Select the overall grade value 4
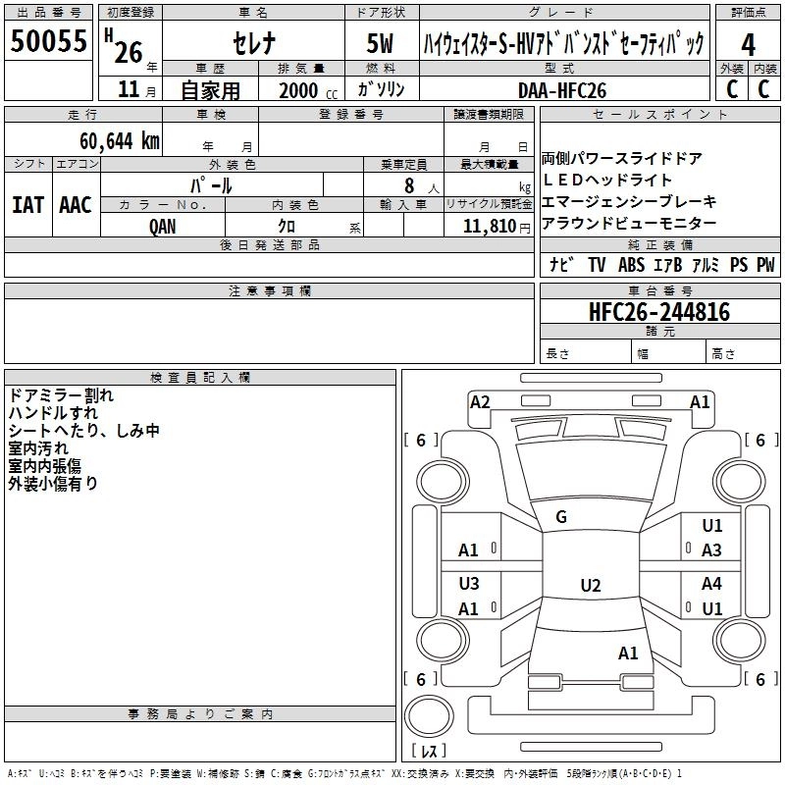click(749, 44)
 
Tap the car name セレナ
click(254, 43)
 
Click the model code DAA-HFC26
click(562, 89)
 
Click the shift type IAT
click(27, 204)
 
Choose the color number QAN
click(163, 226)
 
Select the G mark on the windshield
click(561, 517)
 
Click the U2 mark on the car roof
click(590, 586)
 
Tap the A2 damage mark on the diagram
click(480, 401)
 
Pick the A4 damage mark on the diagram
click(711, 584)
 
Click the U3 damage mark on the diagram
click(469, 584)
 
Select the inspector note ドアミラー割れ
click(61, 395)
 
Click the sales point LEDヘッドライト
click(607, 181)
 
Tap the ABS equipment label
click(631, 265)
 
